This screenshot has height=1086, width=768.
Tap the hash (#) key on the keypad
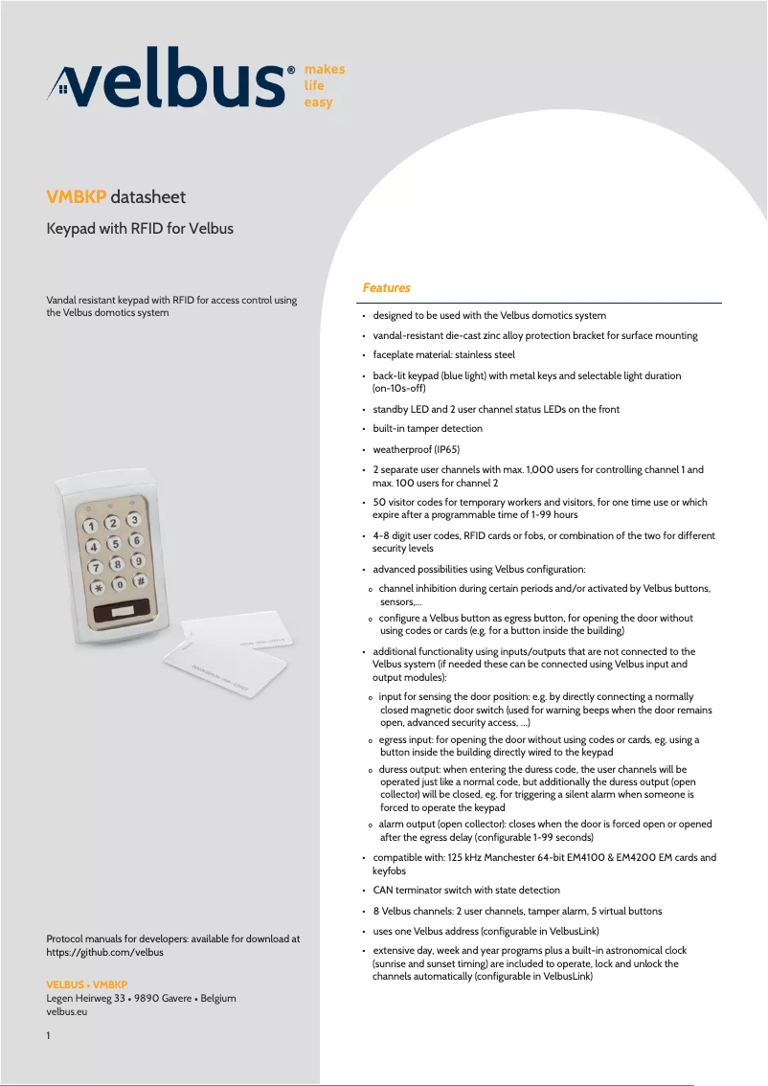pyautogui.click(x=141, y=580)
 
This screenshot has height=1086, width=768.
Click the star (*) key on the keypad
pyautogui.click(x=97, y=588)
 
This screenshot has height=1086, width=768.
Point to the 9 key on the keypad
pyautogui.click(x=138, y=560)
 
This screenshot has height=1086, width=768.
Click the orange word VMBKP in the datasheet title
pyautogui.click(x=77, y=197)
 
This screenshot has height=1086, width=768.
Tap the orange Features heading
pyautogui.click(x=386, y=287)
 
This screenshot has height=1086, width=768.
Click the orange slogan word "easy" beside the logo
pyautogui.click(x=318, y=102)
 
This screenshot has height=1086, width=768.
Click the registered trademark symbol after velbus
pyautogui.click(x=291, y=70)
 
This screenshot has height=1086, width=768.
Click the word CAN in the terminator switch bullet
pyautogui.click(x=383, y=890)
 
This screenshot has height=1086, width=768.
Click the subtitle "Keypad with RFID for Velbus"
pyautogui.click(x=140, y=229)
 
